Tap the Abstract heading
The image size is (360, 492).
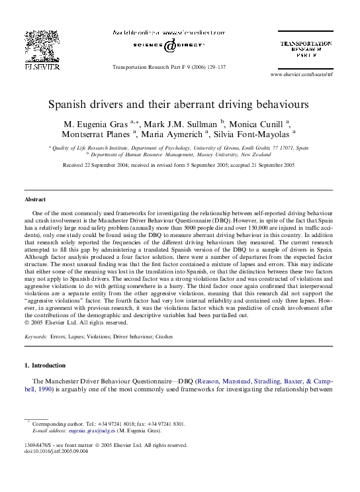[35, 199]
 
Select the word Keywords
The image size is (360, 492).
[35, 336]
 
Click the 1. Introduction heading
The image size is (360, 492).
[45, 366]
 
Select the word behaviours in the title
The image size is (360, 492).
[281, 105]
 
